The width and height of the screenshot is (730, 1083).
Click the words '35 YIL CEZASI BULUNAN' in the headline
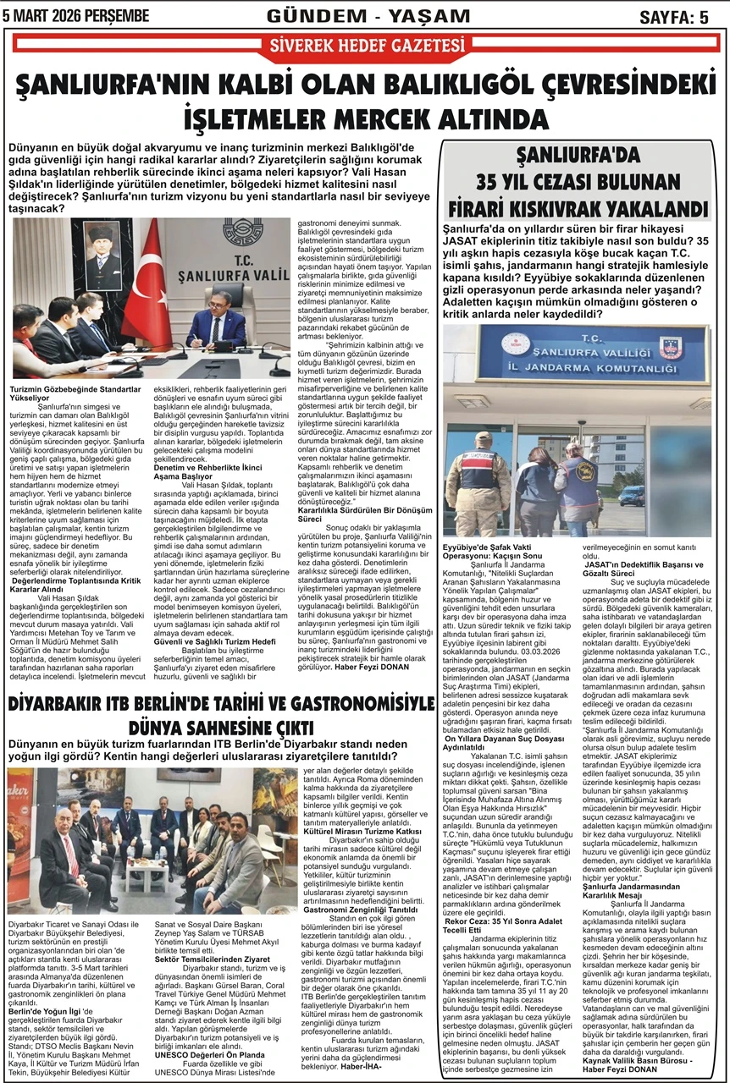pos(578,181)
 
